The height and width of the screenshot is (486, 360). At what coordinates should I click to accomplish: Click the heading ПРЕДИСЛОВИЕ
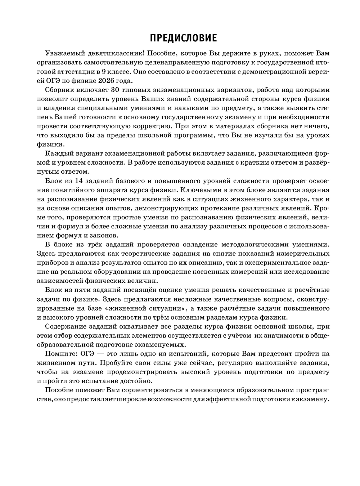(183, 38)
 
